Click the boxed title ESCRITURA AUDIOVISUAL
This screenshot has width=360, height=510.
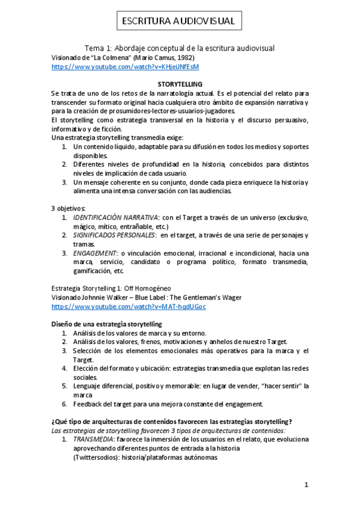point(180,22)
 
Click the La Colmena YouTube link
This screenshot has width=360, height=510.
point(125,67)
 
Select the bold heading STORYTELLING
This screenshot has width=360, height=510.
point(180,84)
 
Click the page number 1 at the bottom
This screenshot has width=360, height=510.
point(306,485)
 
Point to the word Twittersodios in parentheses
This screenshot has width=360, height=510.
point(100,457)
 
